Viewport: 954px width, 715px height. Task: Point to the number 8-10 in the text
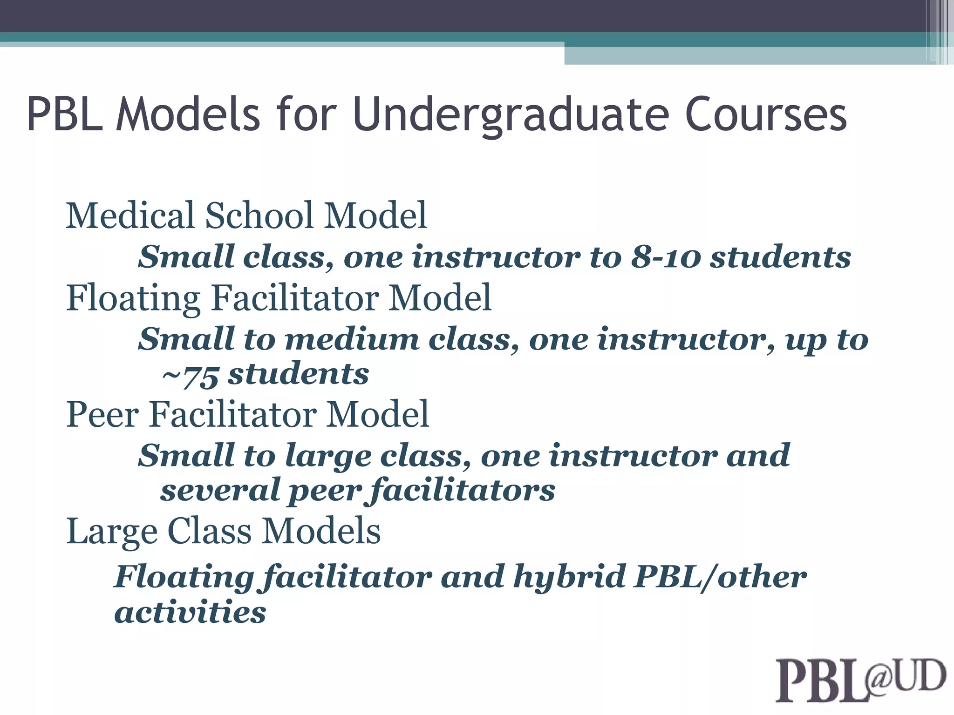tap(666, 257)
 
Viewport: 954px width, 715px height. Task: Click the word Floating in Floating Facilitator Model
tap(133, 299)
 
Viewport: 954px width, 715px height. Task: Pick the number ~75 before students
tap(190, 375)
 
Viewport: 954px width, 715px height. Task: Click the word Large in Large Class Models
tap(112, 532)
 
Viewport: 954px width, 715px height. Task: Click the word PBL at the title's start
tap(65, 115)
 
